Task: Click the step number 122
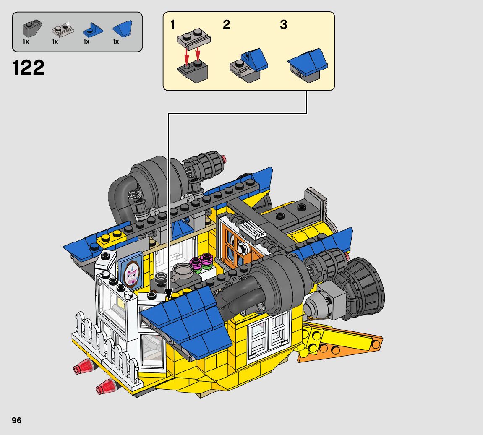[x=29, y=68]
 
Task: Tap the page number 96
[x=17, y=421]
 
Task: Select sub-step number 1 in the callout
[x=173, y=25]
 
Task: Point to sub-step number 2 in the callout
[x=227, y=25]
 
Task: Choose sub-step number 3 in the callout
[x=283, y=25]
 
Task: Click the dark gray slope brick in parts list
[x=32, y=29]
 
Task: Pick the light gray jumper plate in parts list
[x=63, y=29]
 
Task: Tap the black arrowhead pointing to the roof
[x=169, y=294]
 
